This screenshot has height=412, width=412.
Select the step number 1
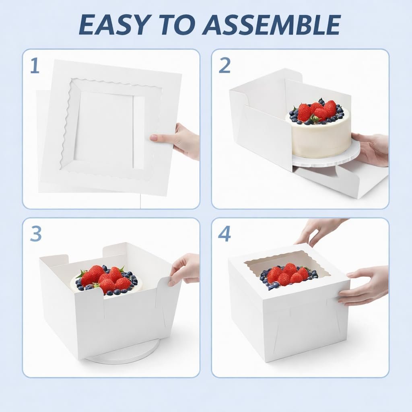coord(35,66)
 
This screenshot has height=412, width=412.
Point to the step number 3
coord(35,235)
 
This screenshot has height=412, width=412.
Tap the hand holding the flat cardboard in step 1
coord(179,141)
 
